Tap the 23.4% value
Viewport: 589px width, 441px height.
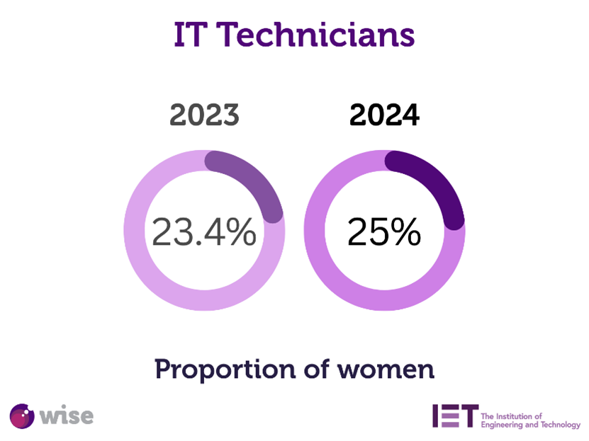[x=204, y=231]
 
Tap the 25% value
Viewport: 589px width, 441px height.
[x=384, y=231]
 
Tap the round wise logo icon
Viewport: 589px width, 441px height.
[x=23, y=415]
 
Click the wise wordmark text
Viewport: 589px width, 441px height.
[x=66, y=415]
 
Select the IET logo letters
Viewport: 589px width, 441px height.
[x=454, y=416]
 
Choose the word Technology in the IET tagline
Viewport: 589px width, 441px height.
[x=561, y=425]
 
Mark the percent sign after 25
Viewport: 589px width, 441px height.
[x=405, y=231]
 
